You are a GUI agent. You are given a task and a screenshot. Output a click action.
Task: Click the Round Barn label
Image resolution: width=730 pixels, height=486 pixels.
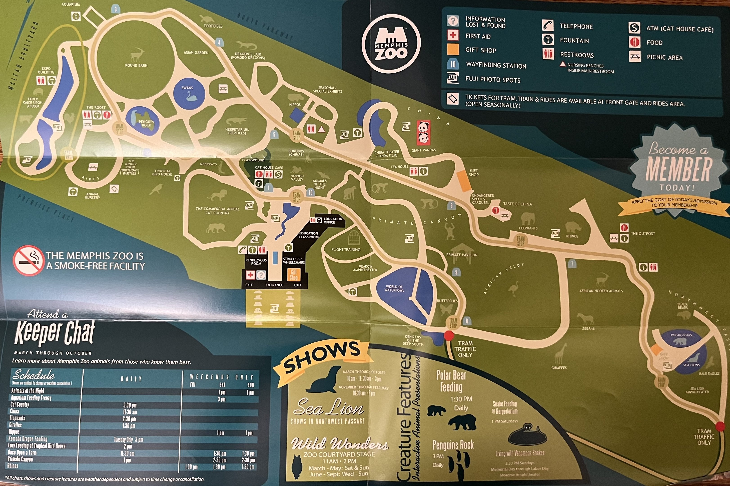point(136,65)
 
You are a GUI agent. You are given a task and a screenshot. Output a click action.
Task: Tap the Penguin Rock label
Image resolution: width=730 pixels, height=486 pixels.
point(146,123)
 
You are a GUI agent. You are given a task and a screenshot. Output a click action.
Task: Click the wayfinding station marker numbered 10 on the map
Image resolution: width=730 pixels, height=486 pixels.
point(310,192)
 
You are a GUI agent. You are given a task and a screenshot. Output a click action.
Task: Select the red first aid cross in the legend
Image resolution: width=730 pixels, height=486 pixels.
point(453,35)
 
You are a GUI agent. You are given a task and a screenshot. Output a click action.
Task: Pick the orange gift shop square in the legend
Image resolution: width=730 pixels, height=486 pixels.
point(453,49)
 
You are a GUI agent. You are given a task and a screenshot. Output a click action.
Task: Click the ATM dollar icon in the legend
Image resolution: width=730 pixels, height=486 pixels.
point(634,28)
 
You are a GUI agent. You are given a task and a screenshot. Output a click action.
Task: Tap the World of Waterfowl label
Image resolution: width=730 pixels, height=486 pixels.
point(394,288)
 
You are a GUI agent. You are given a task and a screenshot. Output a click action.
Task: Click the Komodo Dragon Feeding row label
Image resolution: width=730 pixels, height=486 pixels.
point(28,439)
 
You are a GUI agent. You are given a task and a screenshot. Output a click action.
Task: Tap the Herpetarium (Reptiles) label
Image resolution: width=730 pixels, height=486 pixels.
point(237,131)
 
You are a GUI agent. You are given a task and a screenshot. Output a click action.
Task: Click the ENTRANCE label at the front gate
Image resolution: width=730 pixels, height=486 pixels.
point(274,285)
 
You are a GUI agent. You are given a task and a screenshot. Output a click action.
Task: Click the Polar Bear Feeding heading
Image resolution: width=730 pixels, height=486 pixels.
point(451,381)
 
